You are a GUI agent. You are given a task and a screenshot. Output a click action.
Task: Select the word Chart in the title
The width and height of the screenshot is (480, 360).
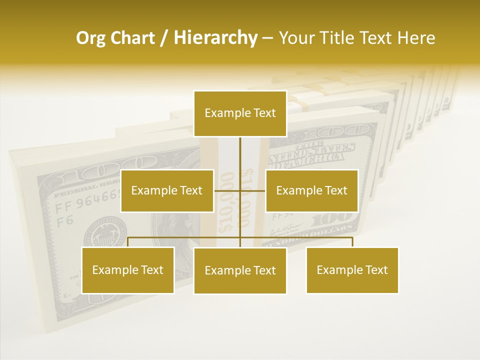(x=130, y=38)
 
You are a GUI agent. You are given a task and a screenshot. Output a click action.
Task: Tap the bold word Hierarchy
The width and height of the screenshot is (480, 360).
(x=215, y=38)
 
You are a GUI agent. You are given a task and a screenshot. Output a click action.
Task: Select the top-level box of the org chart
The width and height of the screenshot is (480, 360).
(x=240, y=113)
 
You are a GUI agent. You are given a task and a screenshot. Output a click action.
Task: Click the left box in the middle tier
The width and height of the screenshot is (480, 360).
(x=167, y=190)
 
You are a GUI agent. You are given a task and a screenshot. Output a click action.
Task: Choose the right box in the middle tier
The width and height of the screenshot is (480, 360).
(x=311, y=190)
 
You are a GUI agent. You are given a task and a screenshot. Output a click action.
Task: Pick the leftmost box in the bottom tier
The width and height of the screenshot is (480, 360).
(x=128, y=270)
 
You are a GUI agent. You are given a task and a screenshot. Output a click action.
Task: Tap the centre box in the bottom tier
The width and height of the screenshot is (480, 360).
(x=240, y=270)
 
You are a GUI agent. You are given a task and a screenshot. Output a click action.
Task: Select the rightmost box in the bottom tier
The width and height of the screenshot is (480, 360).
(x=352, y=270)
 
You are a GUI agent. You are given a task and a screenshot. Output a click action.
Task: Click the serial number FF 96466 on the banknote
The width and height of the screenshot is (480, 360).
(x=88, y=206)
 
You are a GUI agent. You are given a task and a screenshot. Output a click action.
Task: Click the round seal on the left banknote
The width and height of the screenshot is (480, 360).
(x=105, y=232)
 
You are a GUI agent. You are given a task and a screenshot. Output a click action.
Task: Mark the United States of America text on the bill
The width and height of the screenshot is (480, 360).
(x=312, y=152)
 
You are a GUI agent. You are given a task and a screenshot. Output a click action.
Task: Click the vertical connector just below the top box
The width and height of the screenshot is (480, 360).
(x=240, y=150)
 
